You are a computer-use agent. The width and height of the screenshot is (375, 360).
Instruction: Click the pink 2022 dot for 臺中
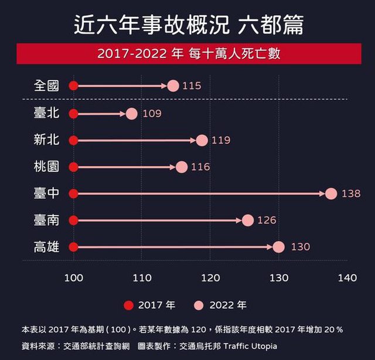click(331, 194)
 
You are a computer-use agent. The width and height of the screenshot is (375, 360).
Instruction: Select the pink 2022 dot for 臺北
click(132, 114)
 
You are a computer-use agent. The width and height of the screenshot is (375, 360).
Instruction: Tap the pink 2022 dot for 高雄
click(278, 247)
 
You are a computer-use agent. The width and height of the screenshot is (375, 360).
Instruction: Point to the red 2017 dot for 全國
click(73, 86)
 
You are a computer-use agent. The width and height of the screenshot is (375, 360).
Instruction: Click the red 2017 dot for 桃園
click(73, 167)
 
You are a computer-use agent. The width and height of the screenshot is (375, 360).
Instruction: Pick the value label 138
click(351, 194)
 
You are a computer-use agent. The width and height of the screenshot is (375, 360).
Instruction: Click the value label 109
click(152, 114)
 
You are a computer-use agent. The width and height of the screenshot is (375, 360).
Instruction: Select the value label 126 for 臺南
click(266, 221)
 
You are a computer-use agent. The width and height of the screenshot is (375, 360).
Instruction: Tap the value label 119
click(221, 140)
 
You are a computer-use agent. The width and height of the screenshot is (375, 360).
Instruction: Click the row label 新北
click(47, 140)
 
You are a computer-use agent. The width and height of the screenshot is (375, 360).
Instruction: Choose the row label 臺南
click(47, 221)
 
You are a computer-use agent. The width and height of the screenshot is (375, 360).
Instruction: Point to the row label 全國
click(47, 86)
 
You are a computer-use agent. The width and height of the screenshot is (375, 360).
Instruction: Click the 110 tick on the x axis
click(142, 278)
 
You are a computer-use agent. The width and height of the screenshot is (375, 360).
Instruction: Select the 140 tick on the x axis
click(347, 278)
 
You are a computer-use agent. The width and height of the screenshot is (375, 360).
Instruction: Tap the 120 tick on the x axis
click(210, 278)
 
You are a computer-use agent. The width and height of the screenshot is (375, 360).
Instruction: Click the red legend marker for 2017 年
click(129, 305)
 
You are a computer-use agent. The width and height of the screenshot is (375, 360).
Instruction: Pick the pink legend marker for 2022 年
click(200, 305)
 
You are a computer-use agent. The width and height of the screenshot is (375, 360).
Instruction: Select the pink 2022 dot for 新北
click(202, 140)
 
